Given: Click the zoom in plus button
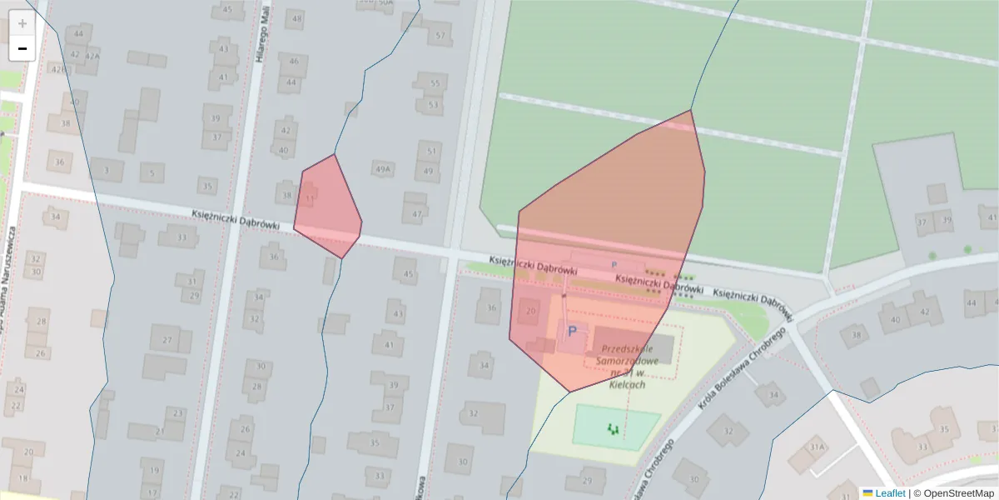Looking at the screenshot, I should tap(22, 23).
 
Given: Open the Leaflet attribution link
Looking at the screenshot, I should tap(889, 493).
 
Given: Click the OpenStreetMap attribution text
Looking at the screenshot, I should tap(958, 493).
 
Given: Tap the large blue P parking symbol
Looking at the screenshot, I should tap(572, 332).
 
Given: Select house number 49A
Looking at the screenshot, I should tap(382, 169).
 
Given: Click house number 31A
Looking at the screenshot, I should tap(818, 447).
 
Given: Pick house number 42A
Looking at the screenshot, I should tap(92, 56).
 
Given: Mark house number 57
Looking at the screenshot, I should tap(440, 37).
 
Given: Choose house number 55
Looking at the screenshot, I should tap(434, 83).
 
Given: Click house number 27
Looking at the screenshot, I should tap(166, 340).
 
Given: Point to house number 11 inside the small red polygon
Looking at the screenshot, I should tap(310, 198).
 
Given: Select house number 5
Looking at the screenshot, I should tap(151, 173).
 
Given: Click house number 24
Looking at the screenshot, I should tap(240, 453).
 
